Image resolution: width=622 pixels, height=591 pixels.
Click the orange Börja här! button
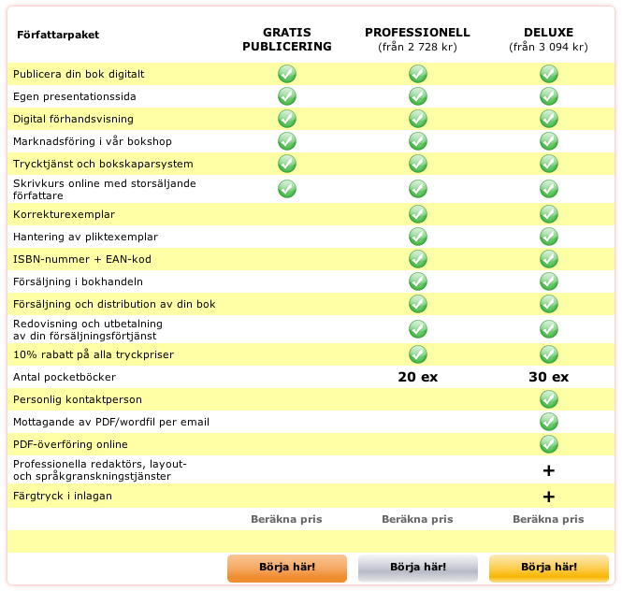(x=287, y=567)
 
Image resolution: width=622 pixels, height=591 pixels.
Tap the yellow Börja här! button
(x=549, y=567)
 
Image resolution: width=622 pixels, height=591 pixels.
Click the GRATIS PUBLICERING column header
(x=287, y=39)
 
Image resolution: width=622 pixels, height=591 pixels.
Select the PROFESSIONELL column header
(x=417, y=33)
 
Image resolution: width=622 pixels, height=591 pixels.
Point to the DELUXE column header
(x=548, y=33)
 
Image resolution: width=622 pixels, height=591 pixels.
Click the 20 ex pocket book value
(x=417, y=378)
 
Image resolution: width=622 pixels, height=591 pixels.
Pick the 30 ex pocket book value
(x=548, y=378)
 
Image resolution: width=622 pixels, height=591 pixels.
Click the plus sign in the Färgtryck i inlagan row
(x=549, y=497)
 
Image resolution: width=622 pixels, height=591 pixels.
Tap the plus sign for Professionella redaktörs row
(x=549, y=470)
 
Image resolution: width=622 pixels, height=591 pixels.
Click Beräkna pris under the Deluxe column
(x=548, y=519)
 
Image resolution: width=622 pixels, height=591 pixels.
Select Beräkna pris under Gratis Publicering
(x=286, y=519)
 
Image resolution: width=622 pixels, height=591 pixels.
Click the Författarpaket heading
(x=58, y=36)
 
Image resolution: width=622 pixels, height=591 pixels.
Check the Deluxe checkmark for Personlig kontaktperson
(x=549, y=399)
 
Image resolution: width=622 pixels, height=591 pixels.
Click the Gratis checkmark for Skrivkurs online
(x=287, y=189)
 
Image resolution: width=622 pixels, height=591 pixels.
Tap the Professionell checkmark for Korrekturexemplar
(x=418, y=214)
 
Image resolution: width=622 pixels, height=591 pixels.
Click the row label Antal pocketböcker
(x=65, y=377)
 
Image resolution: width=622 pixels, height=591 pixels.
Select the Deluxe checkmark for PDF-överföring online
(x=549, y=444)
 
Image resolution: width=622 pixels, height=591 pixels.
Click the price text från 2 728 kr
(x=417, y=47)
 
